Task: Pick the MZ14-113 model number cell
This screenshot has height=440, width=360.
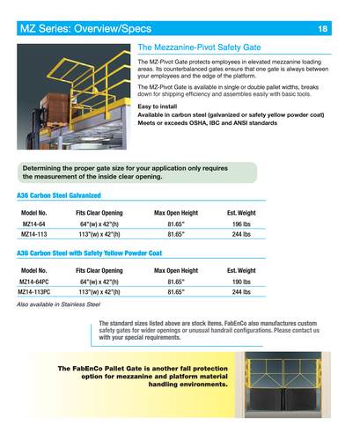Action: pos(34,236)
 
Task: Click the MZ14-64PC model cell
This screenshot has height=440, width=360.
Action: pos(35,282)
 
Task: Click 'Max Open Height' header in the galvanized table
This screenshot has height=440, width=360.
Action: pos(176,213)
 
